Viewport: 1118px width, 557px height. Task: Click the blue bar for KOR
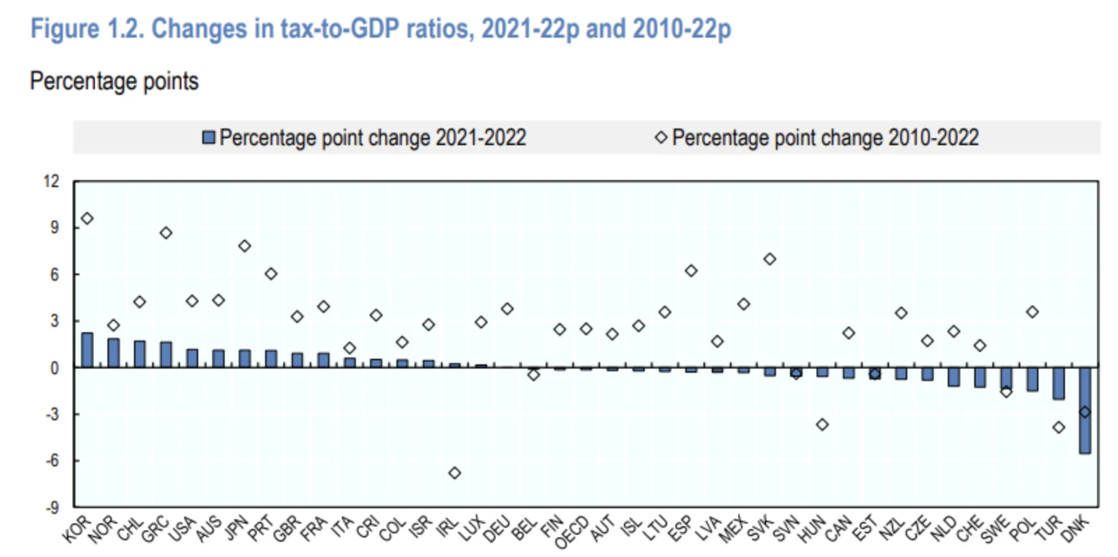coord(87,350)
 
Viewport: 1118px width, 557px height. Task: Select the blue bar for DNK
coord(1085,410)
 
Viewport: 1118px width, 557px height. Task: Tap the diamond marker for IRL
coord(454,473)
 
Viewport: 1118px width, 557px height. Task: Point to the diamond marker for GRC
coord(166,233)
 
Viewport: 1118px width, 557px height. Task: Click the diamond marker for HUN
coord(822,425)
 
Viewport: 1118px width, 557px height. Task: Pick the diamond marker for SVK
coord(770,259)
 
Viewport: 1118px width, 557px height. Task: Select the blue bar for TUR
coord(1059,383)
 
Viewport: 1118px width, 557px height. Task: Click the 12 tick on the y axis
coord(52,181)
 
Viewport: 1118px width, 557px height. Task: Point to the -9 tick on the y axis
coord(52,507)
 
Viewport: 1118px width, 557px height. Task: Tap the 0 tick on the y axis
coord(55,369)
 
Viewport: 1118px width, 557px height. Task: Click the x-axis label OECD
coord(572,533)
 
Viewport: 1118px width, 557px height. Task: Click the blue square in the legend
coord(209,138)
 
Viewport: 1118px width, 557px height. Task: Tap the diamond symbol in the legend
coord(661,138)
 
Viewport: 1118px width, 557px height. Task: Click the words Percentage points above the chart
coord(114,82)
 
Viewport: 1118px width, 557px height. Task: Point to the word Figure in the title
coord(65,29)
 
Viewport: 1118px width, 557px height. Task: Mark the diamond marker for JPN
coord(244,246)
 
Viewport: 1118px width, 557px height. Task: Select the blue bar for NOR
coord(114,353)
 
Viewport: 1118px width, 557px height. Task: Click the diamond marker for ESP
coord(691,271)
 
